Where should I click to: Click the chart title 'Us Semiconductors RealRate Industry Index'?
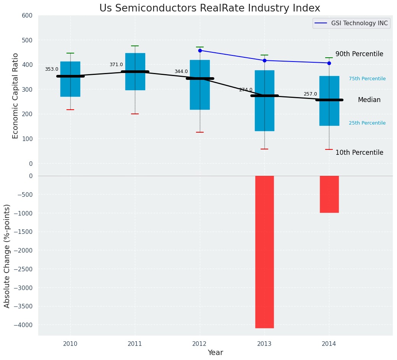click(x=209, y=8)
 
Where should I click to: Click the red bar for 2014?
click(x=329, y=194)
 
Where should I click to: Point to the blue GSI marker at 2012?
click(x=200, y=50)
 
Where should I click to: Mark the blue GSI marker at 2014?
click(x=329, y=63)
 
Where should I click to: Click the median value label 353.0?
click(x=52, y=70)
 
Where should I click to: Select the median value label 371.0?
click(x=116, y=65)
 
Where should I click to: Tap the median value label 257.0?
click(x=310, y=94)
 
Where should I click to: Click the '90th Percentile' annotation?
click(x=359, y=54)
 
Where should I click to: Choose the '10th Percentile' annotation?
click(x=359, y=153)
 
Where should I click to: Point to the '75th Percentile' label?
click(x=367, y=79)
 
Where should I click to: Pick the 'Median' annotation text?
click(x=369, y=100)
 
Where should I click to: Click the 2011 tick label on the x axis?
click(x=135, y=344)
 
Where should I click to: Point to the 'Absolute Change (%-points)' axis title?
click(x=7, y=256)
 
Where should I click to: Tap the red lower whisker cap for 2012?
click(x=200, y=132)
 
